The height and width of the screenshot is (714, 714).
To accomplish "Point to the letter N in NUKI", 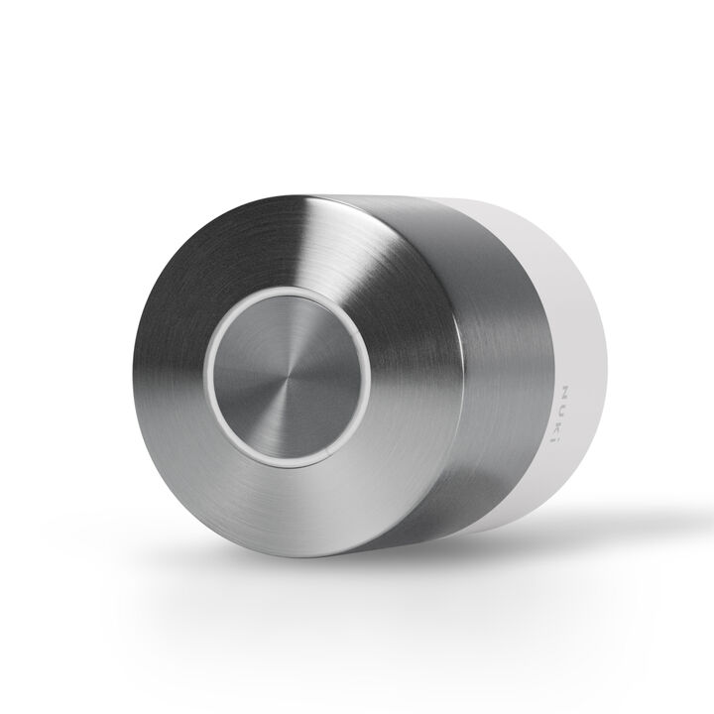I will coord(565,392).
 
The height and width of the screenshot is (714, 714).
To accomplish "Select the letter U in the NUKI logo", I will coord(565,407).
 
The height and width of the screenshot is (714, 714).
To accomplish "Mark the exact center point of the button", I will coord(289,381).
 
